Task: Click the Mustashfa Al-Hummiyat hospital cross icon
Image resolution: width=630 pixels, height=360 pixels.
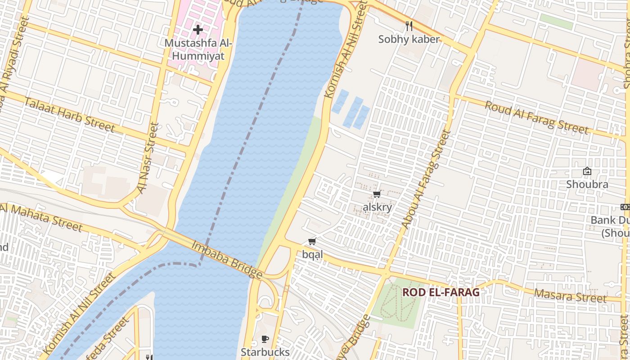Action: click(x=198, y=30)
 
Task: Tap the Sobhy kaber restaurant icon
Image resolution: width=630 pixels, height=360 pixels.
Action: click(x=409, y=26)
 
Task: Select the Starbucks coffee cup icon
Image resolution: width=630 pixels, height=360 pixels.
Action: click(x=265, y=339)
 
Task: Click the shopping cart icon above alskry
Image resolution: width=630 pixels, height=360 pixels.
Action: click(x=377, y=194)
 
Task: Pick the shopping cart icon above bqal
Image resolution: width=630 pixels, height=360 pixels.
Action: click(x=312, y=242)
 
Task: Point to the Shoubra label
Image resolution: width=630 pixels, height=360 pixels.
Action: click(x=587, y=184)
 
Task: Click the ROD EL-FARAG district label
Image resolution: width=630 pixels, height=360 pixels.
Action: click(x=441, y=292)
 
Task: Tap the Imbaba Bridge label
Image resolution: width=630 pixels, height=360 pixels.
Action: click(x=227, y=260)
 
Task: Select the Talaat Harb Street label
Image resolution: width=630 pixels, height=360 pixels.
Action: click(x=69, y=114)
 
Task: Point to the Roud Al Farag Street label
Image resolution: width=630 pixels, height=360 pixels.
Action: click(x=536, y=117)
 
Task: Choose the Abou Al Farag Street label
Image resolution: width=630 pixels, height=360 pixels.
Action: click(x=426, y=179)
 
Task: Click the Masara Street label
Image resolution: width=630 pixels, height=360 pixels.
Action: click(x=570, y=296)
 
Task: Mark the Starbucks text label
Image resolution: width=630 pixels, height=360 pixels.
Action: click(x=265, y=352)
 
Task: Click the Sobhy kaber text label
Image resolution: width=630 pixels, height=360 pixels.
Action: click(x=409, y=39)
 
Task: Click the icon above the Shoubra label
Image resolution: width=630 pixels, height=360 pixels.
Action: click(x=587, y=171)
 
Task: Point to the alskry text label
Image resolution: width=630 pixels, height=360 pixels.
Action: click(x=377, y=207)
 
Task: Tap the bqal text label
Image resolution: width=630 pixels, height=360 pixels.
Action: click(x=312, y=255)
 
